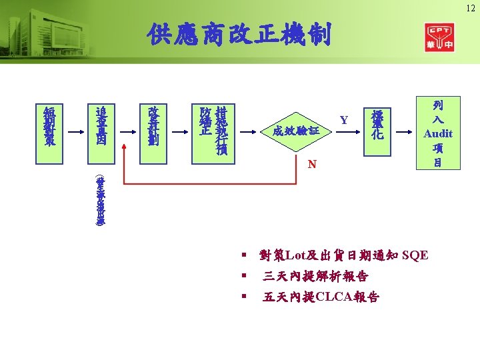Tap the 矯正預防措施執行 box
click(213, 129)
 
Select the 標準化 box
click(377, 124)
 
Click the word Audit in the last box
click(437, 133)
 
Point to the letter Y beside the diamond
click(344, 121)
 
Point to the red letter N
click(311, 164)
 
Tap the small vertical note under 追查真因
click(101, 200)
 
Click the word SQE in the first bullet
click(415, 255)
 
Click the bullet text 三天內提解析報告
click(315, 276)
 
